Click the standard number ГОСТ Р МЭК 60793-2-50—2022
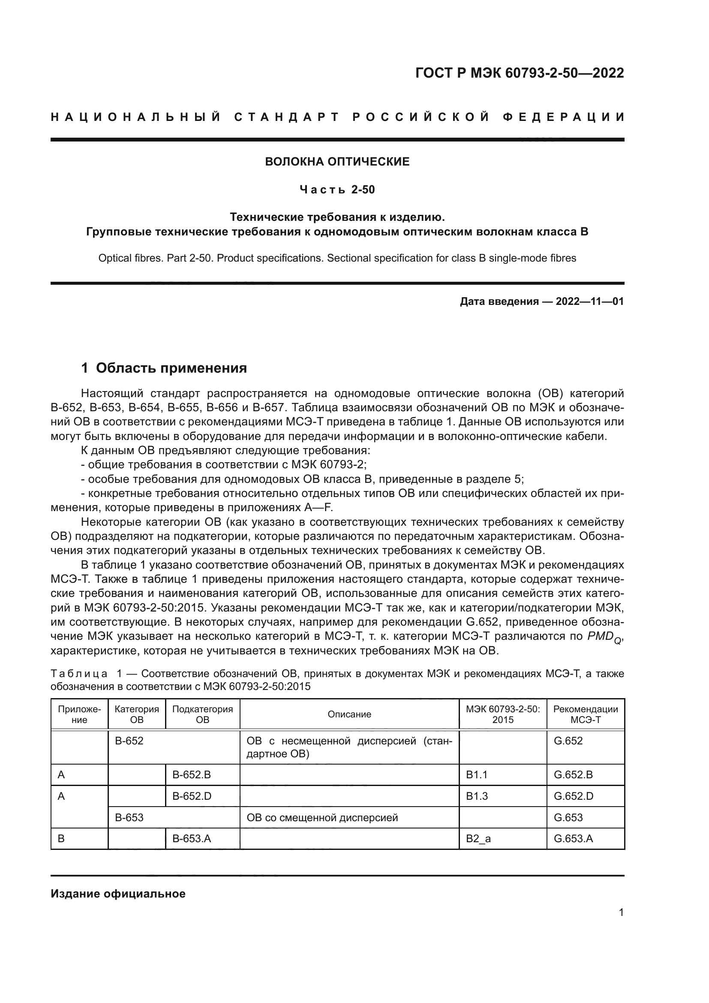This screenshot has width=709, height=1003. pos(519,73)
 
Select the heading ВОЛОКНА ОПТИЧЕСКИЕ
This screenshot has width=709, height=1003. pos(337,162)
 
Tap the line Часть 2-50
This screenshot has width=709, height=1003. pos(337,190)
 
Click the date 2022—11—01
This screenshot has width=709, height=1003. pos(589,301)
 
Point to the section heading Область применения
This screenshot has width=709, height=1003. pos(171,368)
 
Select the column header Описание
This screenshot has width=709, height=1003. pos(349,714)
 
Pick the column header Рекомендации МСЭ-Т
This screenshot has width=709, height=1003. pos(586,714)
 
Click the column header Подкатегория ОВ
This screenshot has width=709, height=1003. pos(203,714)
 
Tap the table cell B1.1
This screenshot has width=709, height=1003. pos(477,775)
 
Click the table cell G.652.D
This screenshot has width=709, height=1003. pos(573,796)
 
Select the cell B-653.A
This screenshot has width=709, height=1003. pos(192,838)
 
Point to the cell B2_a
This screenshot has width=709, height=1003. pos(478,838)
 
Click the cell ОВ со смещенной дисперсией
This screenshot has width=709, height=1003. pos(322,817)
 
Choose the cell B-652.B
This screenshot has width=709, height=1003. pos(191,775)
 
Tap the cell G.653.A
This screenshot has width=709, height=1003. pos(573,838)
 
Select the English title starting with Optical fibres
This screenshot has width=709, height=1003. pos(337,258)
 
